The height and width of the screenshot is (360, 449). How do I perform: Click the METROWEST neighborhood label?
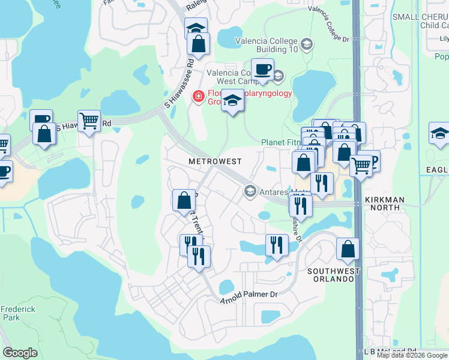point(214,161)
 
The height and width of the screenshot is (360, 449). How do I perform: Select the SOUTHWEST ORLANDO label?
point(334,275)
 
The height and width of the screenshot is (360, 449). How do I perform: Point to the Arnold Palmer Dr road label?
point(249,296)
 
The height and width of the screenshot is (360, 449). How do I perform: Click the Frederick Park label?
point(17,314)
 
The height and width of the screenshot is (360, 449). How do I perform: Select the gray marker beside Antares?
point(249,191)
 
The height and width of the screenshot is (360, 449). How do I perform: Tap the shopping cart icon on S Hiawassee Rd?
point(89,122)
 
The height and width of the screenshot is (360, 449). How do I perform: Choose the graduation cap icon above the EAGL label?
point(439,133)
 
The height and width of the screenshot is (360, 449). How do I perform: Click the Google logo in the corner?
point(20,353)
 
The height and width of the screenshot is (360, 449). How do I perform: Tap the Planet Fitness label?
point(280,143)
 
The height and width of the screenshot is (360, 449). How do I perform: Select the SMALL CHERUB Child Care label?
point(420,21)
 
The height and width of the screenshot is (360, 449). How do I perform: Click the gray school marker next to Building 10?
point(307,44)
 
